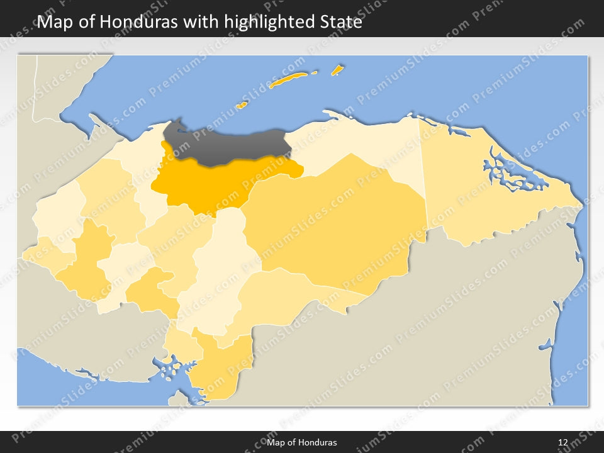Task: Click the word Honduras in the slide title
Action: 138,22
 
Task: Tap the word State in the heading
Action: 340,22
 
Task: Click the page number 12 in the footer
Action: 563,442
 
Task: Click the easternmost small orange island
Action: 337,69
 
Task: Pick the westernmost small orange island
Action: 241,105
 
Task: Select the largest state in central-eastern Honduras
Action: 340,220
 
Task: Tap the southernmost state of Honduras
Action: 217,371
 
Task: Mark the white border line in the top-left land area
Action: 35,94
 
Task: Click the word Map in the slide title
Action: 52,22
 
